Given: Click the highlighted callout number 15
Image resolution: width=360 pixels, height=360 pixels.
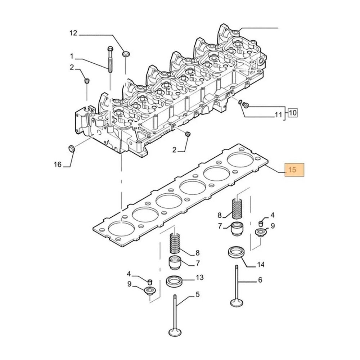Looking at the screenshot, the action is tap(292, 170).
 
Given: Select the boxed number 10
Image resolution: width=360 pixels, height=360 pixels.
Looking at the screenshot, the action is tap(293, 113).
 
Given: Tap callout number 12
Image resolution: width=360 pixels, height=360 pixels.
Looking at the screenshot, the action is tap(73, 33).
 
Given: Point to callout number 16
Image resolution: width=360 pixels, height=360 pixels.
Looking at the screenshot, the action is tap(58, 165).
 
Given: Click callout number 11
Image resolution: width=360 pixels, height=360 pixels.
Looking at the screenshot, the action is tap(278, 114).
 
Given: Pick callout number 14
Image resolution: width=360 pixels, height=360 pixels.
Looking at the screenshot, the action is tap(261, 265).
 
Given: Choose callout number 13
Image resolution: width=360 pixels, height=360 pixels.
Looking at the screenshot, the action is tap(200, 277).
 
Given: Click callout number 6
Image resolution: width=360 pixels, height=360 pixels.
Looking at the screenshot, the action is tap(260, 280).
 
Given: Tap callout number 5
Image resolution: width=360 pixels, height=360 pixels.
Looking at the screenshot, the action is tap(198, 294).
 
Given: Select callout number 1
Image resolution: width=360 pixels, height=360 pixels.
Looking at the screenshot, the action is tap(72, 56).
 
